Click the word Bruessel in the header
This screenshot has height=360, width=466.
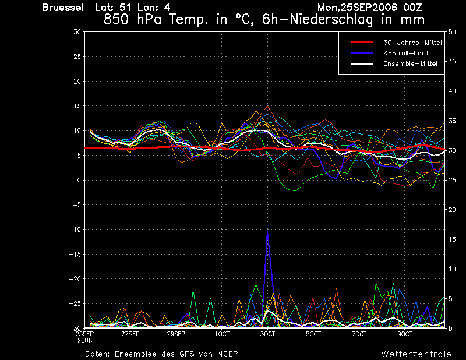[63, 8]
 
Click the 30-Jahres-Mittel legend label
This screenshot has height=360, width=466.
[412, 43]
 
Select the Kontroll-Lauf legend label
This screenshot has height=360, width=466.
[405, 53]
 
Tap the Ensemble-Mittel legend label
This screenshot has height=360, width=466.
[410, 63]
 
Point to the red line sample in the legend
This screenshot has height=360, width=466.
[362, 42]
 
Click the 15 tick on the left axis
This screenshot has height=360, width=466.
[77, 106]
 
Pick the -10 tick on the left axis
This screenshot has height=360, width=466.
[75, 230]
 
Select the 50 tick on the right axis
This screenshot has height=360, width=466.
[452, 32]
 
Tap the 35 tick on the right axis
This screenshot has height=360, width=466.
[452, 121]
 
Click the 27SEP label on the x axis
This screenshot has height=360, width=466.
[130, 334]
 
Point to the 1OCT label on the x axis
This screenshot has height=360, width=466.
[222, 334]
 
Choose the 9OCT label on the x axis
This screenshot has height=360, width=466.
[405, 334]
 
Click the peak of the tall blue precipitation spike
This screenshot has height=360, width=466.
[267, 231]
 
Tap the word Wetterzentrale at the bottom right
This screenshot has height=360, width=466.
[416, 354]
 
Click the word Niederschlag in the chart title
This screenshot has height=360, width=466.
[331, 20]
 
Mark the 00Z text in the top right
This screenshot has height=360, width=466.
[412, 8]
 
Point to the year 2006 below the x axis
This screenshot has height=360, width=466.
[84, 341]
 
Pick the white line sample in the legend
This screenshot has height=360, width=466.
[362, 63]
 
